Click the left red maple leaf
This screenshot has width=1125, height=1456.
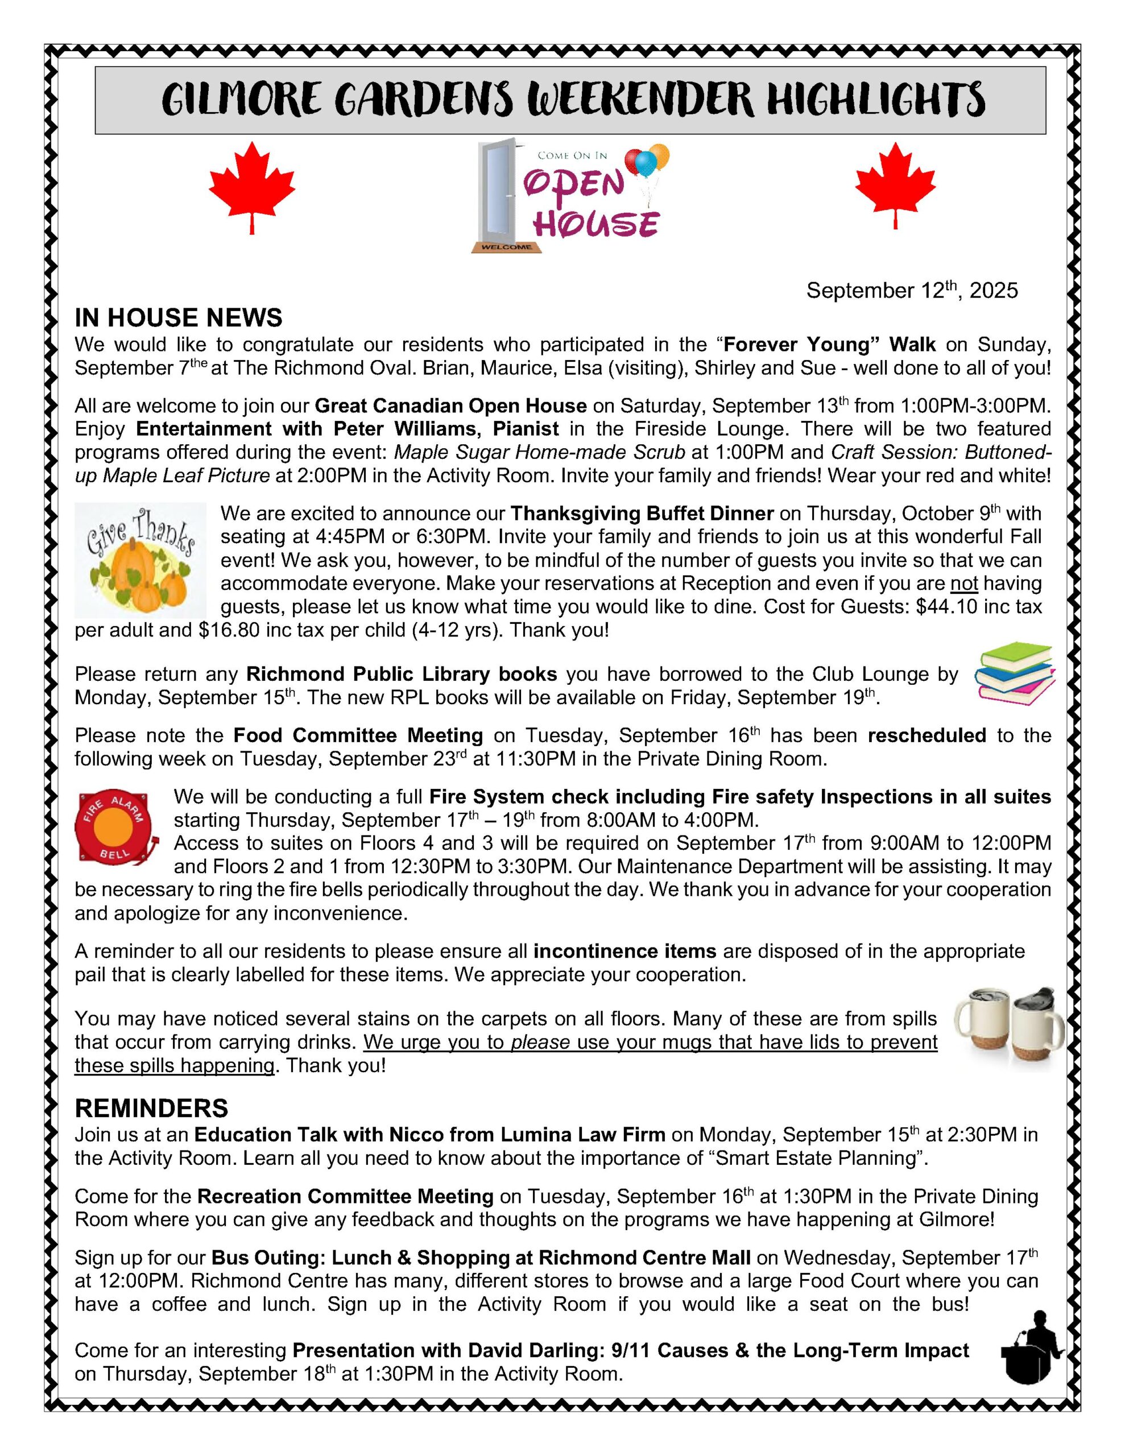click(x=251, y=184)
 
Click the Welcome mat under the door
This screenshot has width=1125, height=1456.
click(x=506, y=247)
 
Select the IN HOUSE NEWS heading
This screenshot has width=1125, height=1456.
click(x=178, y=318)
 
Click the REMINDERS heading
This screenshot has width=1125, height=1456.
click(x=151, y=1108)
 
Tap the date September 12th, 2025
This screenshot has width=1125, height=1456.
click(x=912, y=291)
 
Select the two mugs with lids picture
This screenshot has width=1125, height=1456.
click(x=1008, y=1025)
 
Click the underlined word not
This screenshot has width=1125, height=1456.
click(x=963, y=584)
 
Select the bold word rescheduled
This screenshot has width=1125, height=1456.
click(x=927, y=735)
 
